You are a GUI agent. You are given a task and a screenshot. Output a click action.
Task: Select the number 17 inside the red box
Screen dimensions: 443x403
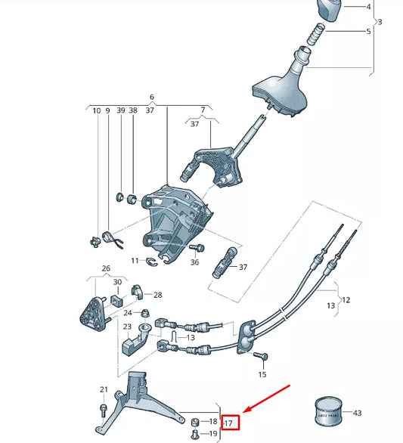pyautogui.click(x=229, y=421)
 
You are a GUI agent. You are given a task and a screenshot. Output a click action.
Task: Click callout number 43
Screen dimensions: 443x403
pyautogui.click(x=358, y=414)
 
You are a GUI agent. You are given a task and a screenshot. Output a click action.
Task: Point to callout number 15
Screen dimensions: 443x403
pyautogui.click(x=262, y=375)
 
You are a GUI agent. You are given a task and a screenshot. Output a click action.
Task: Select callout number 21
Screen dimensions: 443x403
pyautogui.click(x=103, y=390)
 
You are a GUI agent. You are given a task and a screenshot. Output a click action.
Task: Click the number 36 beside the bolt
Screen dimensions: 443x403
pyautogui.click(x=194, y=262)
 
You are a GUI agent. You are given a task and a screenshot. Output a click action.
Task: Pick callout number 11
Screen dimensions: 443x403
pyautogui.click(x=134, y=261)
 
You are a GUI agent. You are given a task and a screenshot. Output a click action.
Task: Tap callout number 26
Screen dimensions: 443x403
pyautogui.click(x=105, y=268)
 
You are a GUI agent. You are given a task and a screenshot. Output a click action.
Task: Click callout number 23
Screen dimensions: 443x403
pyautogui.click(x=127, y=327)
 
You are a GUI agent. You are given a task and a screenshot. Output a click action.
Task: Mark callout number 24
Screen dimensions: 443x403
pyautogui.click(x=128, y=312)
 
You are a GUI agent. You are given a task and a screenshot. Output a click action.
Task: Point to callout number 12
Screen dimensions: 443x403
pyautogui.click(x=348, y=300)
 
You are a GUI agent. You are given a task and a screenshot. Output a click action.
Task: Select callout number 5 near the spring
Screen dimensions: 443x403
pyautogui.click(x=368, y=32)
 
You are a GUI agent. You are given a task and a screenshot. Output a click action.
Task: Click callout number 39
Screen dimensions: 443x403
pyautogui.click(x=120, y=110)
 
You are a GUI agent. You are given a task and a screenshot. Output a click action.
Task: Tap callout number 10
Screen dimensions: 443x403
pyautogui.click(x=96, y=110)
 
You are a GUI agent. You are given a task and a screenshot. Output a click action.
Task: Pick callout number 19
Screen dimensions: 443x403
pyautogui.click(x=212, y=435)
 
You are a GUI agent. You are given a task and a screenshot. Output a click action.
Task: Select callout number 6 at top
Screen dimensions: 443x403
pyautogui.click(x=151, y=98)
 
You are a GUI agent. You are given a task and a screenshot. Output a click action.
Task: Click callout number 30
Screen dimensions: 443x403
pyautogui.click(x=117, y=282)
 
